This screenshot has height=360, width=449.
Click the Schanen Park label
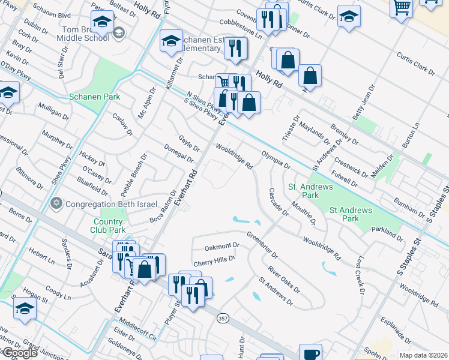(x=95, y=97)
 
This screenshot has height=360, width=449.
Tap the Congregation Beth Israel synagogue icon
(x=57, y=203)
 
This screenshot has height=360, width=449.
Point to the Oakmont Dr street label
(x=222, y=245)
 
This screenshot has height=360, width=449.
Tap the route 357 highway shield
(x=223, y=317)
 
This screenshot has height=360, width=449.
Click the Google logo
(x=19, y=353)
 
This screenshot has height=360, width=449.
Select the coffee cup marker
(x=310, y=354)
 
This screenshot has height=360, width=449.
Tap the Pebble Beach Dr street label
(x=133, y=175)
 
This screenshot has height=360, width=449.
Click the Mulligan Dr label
(x=54, y=112)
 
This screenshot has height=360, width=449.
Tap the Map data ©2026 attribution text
(x=423, y=355)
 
